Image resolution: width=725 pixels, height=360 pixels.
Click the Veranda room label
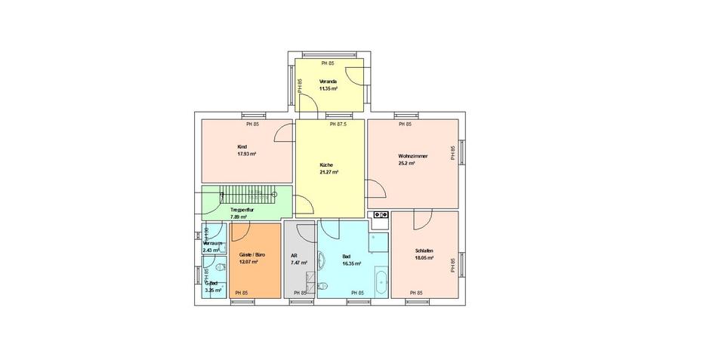pyautogui.click(x=328, y=81)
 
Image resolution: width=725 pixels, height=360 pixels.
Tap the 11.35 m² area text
pyautogui.click(x=328, y=88)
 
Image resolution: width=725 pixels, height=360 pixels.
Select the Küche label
pyautogui.click(x=326, y=165)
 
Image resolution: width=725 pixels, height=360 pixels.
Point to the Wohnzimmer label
pyautogui.click(x=413, y=156)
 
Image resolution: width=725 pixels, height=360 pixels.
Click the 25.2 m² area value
pyautogui.click(x=407, y=163)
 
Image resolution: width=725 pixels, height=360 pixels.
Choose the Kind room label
pyautogui.click(x=242, y=146)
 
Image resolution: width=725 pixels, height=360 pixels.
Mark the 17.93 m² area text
pyautogui.click(x=246, y=154)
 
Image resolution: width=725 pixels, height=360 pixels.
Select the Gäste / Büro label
pyautogui.click(x=251, y=256)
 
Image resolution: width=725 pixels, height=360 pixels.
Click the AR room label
pyautogui.click(x=294, y=256)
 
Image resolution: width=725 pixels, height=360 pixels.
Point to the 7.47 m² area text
pyautogui.click(x=299, y=263)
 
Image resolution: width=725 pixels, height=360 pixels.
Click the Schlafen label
pyautogui.click(x=424, y=251)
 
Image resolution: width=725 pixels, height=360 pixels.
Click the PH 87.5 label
pyautogui.click(x=338, y=125)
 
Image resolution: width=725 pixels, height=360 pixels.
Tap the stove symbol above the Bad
pyautogui.click(x=379, y=216)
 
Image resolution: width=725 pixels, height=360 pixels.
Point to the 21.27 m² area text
pyautogui.click(x=329, y=173)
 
